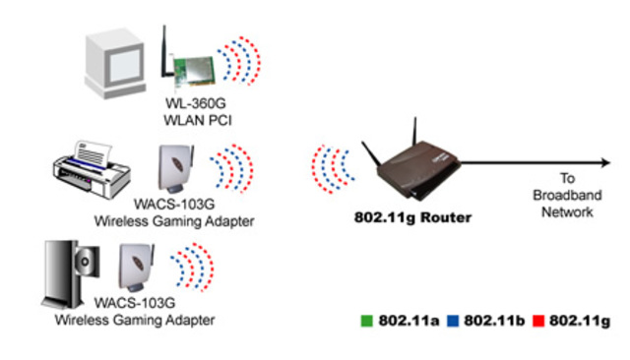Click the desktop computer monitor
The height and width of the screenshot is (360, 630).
click(x=117, y=56)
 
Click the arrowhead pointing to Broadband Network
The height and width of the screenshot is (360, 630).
click(x=601, y=161)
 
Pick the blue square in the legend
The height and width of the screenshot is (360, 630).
click(x=454, y=321)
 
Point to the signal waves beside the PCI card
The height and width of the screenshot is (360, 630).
click(x=241, y=61)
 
